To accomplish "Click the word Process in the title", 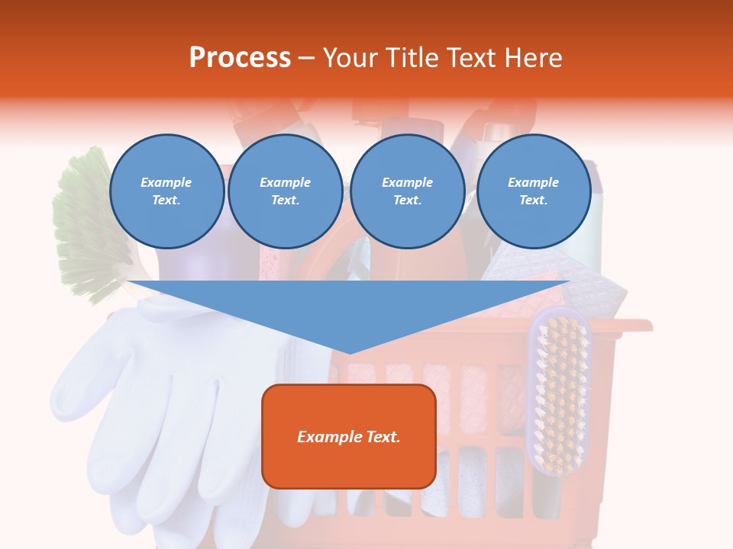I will [x=240, y=58].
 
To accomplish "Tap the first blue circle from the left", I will [x=166, y=191].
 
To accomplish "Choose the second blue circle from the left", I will [x=286, y=191].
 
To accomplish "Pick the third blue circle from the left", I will [x=408, y=191].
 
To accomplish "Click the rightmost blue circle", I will [x=534, y=191].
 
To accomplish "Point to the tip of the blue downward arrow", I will [x=350, y=352].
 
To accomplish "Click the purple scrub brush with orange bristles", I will [x=560, y=389].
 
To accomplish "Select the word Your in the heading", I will [x=351, y=58].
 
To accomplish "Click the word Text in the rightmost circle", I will [x=534, y=201].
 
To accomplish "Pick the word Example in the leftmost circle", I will [x=166, y=183].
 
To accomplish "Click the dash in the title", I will [x=307, y=58].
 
